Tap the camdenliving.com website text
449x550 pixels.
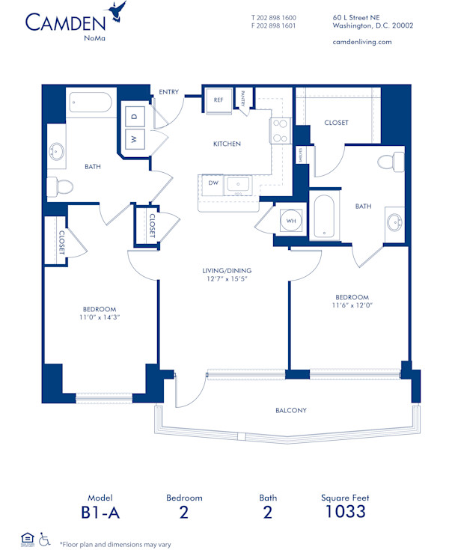(x=361, y=42)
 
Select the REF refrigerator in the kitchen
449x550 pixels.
(x=219, y=100)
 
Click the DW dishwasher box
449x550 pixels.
(x=214, y=182)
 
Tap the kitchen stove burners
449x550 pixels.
(x=280, y=131)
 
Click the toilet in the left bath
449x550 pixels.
(x=58, y=186)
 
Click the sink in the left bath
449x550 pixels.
(x=56, y=153)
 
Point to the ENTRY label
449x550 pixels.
(x=169, y=92)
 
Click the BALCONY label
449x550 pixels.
(x=290, y=410)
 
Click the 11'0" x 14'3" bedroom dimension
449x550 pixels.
(x=100, y=318)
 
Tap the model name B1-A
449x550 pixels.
(x=100, y=512)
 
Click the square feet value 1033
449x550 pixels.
(x=345, y=512)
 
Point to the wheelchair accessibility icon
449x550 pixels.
(x=45, y=538)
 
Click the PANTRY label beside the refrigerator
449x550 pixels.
(x=245, y=99)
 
